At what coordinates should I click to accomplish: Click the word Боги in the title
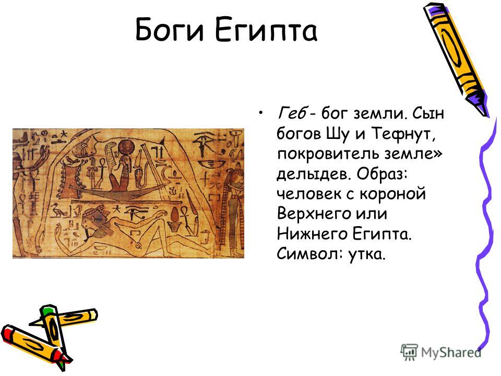[x=169, y=30]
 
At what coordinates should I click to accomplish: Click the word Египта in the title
[x=266, y=30]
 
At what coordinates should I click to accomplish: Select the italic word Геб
[x=292, y=113]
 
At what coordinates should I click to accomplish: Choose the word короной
[x=392, y=194]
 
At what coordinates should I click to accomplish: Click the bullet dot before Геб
[x=261, y=113]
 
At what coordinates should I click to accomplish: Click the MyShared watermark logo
[x=440, y=352]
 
